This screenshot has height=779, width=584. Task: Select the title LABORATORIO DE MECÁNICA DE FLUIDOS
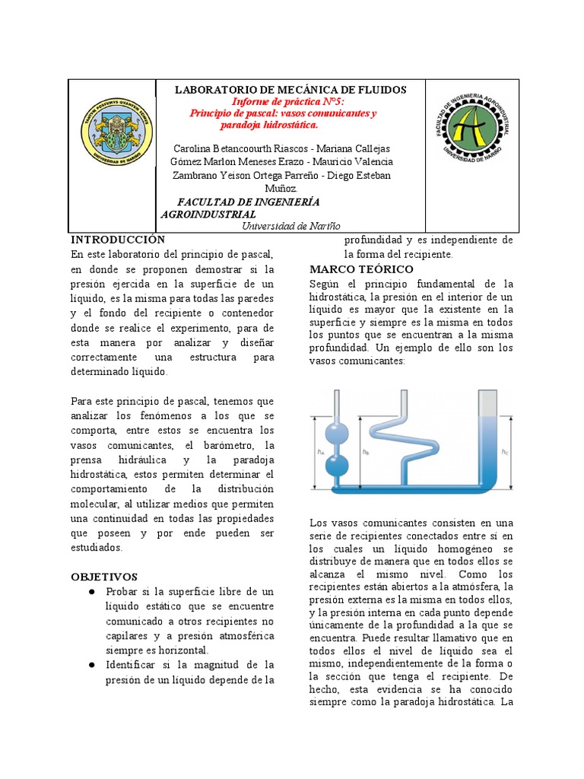[x=290, y=90]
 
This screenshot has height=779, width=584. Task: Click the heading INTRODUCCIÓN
[x=117, y=240]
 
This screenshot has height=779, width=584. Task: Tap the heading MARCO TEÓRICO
[x=361, y=270]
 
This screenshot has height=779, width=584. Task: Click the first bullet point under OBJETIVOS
[x=91, y=592]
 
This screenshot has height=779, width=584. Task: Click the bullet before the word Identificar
[x=91, y=665]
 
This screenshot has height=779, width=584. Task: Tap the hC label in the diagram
[x=505, y=451]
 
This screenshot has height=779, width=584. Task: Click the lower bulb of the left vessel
[x=336, y=465]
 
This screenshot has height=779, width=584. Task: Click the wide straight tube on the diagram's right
[x=487, y=441]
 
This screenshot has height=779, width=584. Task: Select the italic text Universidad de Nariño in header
[x=291, y=226]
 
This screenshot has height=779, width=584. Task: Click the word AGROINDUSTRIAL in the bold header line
[x=208, y=215]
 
